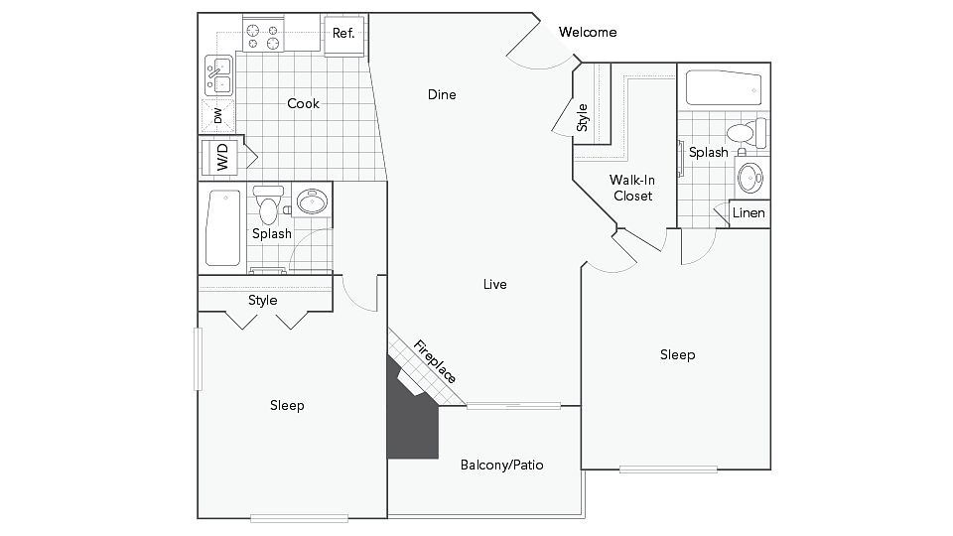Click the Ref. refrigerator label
(x=343, y=34)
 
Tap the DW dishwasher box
(x=217, y=116)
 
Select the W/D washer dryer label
(x=222, y=157)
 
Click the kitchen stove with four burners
(x=263, y=36)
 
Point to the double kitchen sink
(x=218, y=75)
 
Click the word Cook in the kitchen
(x=304, y=104)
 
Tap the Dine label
(x=442, y=95)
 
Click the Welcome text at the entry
(x=588, y=32)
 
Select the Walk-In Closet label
(x=632, y=188)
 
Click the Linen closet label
(x=749, y=213)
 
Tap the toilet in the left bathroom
(x=268, y=204)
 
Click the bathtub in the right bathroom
(x=724, y=88)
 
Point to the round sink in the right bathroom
(x=750, y=178)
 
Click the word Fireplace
(x=435, y=361)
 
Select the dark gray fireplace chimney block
(x=412, y=408)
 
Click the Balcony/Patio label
(x=502, y=466)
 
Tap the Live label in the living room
(x=494, y=285)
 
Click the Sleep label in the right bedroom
(x=678, y=355)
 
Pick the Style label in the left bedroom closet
(x=262, y=300)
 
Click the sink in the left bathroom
(x=313, y=201)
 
